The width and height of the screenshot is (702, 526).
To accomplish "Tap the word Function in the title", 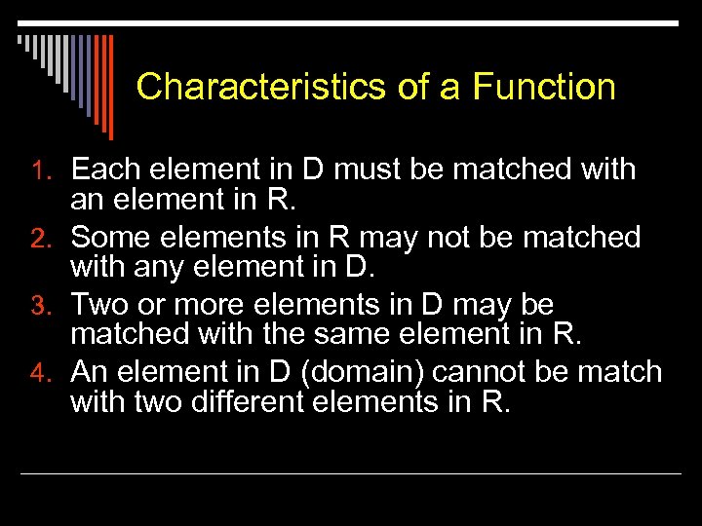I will [544, 88].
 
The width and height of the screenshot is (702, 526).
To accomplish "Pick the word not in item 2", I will [471, 237].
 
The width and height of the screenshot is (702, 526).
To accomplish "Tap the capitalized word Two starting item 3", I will [99, 304].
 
